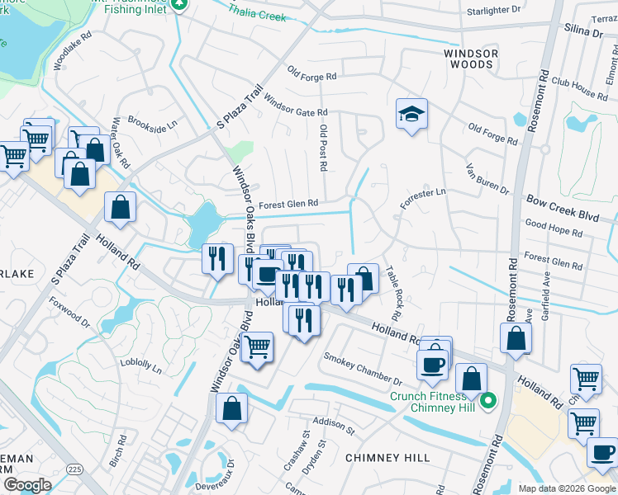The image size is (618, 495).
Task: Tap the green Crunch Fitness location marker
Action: coord(488,402)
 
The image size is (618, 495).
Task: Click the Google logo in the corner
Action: coord(27,485)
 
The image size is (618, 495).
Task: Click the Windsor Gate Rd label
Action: coord(296,109)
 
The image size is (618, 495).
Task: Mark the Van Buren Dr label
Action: coord(487,178)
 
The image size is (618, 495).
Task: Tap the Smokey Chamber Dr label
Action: coord(362,370)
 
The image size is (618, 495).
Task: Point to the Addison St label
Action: coord(333,426)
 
